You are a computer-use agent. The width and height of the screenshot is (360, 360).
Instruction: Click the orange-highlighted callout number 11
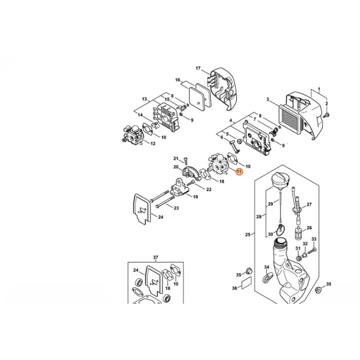240,171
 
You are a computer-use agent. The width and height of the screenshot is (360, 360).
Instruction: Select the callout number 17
198,68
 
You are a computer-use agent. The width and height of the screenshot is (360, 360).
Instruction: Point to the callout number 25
248,234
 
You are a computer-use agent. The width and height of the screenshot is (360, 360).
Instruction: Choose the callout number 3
268,99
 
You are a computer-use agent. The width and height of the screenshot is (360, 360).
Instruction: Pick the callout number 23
176,207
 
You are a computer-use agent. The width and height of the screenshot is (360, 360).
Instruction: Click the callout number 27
310,205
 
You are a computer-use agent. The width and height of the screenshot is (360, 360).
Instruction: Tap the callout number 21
175,158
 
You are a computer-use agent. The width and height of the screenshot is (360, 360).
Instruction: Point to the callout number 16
177,81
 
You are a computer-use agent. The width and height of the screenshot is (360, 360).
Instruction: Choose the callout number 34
266,267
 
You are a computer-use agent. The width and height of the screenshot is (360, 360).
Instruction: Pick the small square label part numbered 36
246,284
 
